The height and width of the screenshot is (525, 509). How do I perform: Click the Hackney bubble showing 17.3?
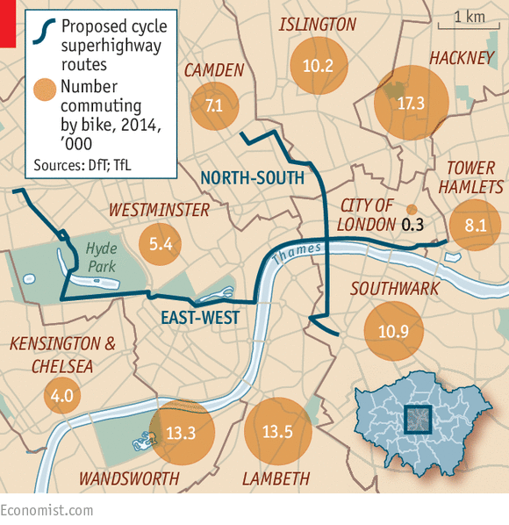pyautogui.click(x=411, y=103)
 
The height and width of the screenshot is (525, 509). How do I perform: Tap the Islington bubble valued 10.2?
pyautogui.click(x=318, y=65)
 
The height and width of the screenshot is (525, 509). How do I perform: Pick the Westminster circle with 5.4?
pyautogui.click(x=161, y=245)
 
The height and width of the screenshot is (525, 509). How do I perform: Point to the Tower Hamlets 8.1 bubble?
pyautogui.click(x=476, y=225)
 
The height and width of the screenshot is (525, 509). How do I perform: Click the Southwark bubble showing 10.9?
pyautogui.click(x=393, y=332)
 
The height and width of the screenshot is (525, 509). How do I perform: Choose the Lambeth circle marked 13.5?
pyautogui.click(x=276, y=431)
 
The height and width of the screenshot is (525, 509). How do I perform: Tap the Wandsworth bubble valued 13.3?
pyautogui.click(x=178, y=431)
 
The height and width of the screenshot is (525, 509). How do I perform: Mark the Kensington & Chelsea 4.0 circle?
pyautogui.click(x=62, y=396)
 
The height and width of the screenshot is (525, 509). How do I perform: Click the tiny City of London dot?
pyautogui.click(x=411, y=209)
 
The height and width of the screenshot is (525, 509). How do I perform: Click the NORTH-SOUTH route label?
pyautogui.click(x=252, y=178)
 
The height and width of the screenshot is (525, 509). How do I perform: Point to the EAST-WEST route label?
pyautogui.click(x=200, y=317)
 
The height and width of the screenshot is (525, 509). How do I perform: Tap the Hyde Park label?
pyautogui.click(x=102, y=256)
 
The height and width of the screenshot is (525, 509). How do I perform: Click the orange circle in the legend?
pyautogui.click(x=41, y=88)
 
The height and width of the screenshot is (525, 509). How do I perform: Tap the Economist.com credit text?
pyautogui.click(x=47, y=509)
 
